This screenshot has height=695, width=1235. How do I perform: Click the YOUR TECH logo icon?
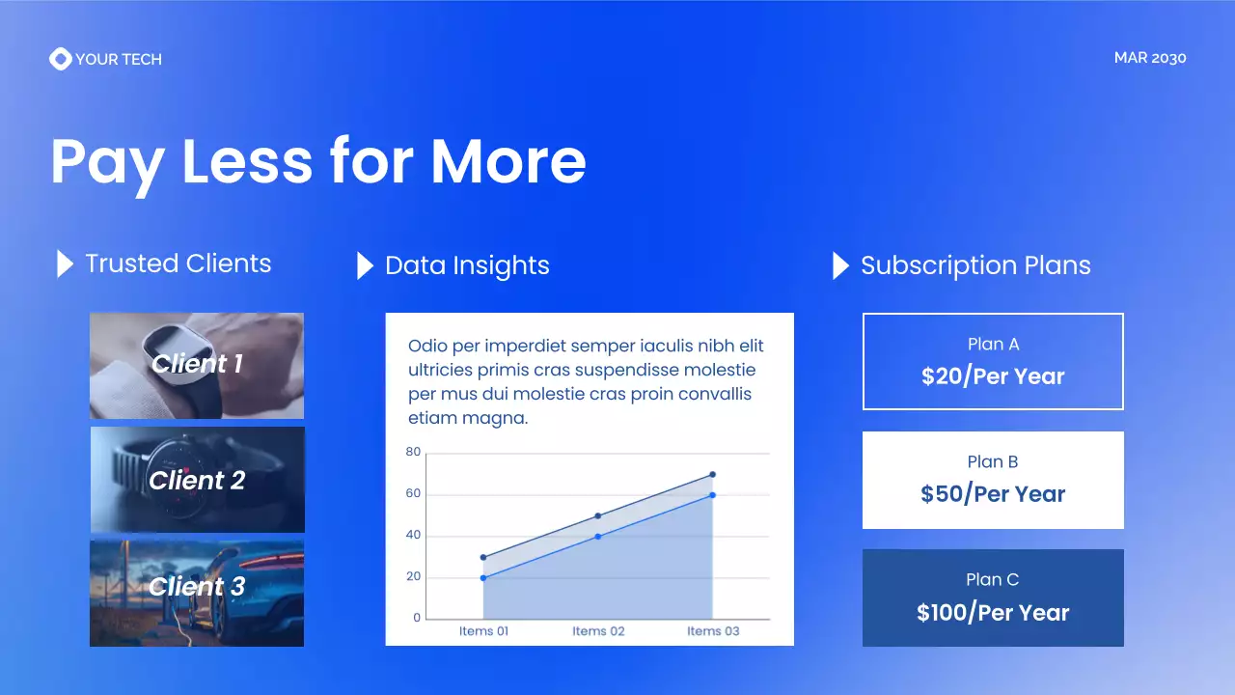tap(60, 59)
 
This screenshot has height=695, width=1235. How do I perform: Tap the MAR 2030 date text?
tap(1149, 58)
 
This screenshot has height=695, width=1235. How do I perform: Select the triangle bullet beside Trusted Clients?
tap(65, 264)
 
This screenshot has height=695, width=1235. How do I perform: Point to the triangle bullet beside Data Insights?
tap(365, 265)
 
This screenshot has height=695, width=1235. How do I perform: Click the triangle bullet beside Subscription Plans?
tap(840, 265)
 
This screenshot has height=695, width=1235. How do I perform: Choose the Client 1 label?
tap(197, 364)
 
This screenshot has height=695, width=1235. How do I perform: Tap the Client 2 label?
tap(197, 481)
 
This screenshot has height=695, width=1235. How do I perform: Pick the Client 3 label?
tap(197, 587)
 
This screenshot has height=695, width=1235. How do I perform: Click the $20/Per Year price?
tap(993, 376)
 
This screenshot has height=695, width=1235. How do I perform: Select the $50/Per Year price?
tap(993, 494)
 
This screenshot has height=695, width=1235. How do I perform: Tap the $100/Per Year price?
tap(993, 612)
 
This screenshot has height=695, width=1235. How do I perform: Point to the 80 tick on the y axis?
tap(413, 452)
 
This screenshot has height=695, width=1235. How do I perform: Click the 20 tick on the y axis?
tap(413, 577)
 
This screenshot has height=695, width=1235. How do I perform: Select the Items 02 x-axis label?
tap(598, 631)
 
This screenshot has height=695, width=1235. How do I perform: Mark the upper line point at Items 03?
tap(712, 474)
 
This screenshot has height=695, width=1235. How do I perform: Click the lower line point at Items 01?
tap(483, 577)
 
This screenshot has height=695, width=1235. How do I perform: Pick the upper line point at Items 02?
tap(598, 515)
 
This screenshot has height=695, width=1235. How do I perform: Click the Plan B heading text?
tap(993, 461)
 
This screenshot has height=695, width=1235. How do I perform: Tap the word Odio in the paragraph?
tap(426, 346)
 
